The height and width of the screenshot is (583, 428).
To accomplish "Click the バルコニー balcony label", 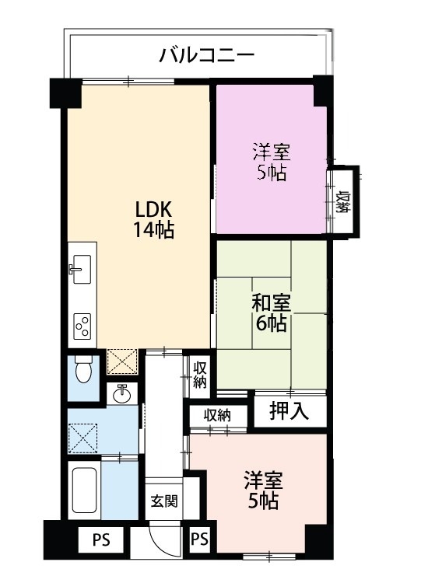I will [206, 55].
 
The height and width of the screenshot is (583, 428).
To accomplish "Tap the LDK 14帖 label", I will [153, 220].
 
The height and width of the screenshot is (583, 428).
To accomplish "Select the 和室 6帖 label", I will [270, 313].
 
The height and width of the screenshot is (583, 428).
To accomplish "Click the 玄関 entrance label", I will [163, 500].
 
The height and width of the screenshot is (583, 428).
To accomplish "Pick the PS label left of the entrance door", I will [100, 539].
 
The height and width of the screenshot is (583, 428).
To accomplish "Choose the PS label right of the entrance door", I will [199, 539].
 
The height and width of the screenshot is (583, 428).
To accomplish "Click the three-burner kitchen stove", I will [82, 326].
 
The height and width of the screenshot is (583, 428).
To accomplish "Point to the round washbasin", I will [122, 395].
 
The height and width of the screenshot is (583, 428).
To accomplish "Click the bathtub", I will [82, 491].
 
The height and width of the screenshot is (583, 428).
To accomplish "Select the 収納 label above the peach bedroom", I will [217, 415].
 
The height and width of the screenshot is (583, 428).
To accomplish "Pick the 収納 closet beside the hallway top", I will [199, 374].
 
